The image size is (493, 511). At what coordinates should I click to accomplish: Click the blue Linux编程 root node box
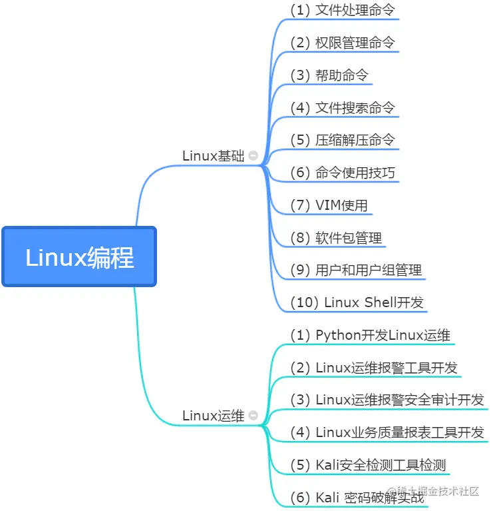79,257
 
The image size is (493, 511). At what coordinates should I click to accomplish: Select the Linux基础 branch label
213,156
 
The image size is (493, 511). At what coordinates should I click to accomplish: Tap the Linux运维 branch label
213,416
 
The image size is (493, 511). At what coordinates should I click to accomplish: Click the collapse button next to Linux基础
253,156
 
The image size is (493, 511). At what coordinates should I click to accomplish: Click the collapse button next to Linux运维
253,416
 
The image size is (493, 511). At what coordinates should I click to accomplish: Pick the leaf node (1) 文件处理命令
342,11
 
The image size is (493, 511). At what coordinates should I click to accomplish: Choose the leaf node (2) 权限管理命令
342,43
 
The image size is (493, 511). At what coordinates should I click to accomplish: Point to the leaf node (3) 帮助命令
329,75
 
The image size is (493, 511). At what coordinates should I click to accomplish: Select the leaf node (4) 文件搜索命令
342,107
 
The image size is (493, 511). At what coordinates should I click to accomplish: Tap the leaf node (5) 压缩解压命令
342,140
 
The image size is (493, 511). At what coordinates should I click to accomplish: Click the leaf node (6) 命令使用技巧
342,173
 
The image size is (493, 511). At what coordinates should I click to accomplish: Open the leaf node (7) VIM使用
329,205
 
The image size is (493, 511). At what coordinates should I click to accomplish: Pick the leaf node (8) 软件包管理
335,238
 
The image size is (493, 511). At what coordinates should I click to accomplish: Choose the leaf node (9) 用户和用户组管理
355,270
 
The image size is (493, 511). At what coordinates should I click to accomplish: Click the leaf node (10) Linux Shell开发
357,302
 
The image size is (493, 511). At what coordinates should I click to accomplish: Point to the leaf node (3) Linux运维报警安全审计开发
387,400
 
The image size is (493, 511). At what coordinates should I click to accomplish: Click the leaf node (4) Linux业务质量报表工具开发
387,432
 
